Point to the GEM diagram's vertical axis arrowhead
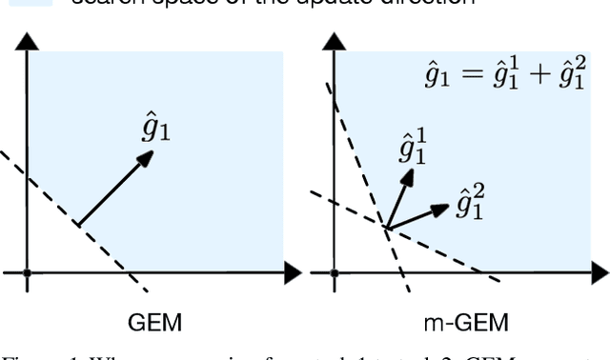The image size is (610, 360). pyautogui.click(x=28, y=41)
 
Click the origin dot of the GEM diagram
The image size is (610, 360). pyautogui.click(x=28, y=274)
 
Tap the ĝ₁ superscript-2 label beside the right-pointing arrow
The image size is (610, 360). pyautogui.click(x=468, y=203)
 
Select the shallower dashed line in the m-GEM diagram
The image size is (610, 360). pyautogui.click(x=448, y=250)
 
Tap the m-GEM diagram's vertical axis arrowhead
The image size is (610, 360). pyautogui.click(x=335, y=41)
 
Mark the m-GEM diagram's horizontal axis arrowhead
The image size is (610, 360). pyautogui.click(x=599, y=274)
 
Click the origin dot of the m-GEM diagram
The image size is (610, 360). pyautogui.click(x=335, y=274)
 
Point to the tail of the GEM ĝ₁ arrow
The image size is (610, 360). pyautogui.click(x=78, y=225)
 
